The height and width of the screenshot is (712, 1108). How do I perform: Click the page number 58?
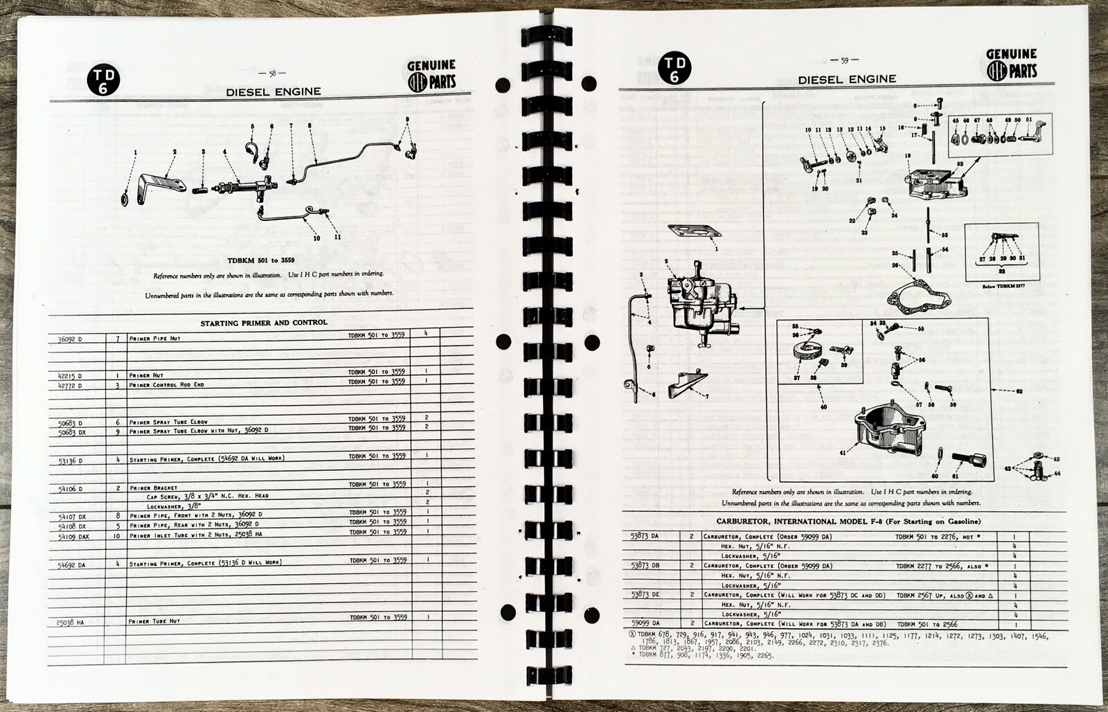[272, 73]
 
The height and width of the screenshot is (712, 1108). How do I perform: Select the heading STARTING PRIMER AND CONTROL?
[264, 322]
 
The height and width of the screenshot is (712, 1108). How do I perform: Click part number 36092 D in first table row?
[69, 339]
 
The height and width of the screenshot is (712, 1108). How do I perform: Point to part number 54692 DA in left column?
[73, 564]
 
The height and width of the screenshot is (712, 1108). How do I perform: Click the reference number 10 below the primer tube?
[316, 237]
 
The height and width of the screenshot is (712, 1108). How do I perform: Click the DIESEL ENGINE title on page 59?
[846, 79]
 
